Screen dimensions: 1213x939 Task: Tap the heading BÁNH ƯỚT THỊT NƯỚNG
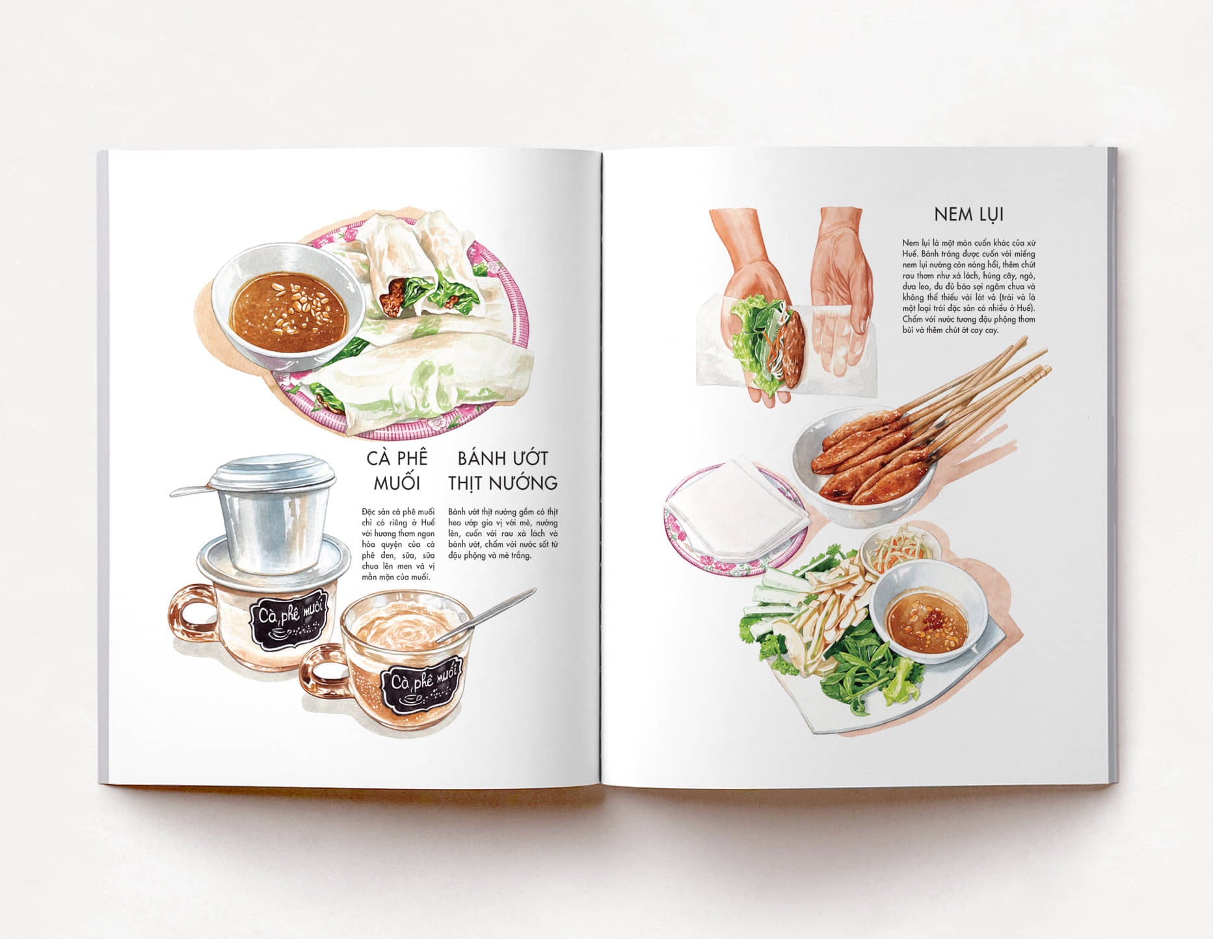[x=503, y=470]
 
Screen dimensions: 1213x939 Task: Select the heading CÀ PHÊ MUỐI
[x=397, y=470]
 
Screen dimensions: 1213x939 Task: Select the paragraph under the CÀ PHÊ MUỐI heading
[x=397, y=545]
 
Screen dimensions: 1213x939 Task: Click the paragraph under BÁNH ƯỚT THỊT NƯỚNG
[x=503, y=534]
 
